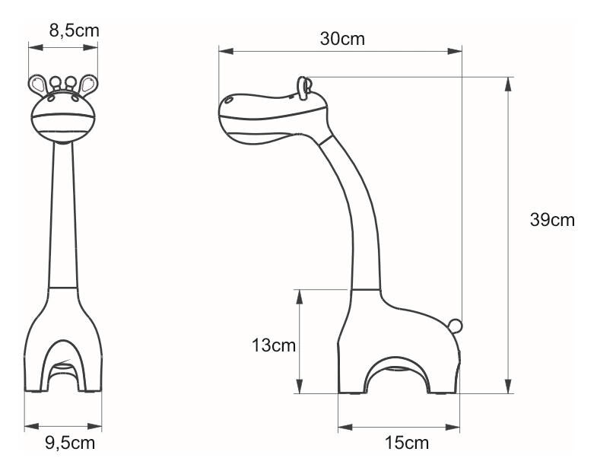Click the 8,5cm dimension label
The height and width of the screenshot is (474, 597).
tap(74, 30)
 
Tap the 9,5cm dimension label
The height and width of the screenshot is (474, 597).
tap(70, 443)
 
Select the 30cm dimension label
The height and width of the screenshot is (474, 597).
tap(342, 39)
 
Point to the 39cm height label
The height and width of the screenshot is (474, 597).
tap(552, 220)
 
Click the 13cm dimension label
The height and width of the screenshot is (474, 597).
tap(273, 345)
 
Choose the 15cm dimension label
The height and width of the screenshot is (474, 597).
tap(407, 443)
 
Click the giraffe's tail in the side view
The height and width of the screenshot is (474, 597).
tap(456, 326)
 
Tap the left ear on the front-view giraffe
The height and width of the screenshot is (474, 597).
tap(37, 84)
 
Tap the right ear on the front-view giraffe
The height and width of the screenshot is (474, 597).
tap(89, 84)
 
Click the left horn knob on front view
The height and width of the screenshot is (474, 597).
tap(55, 81)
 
